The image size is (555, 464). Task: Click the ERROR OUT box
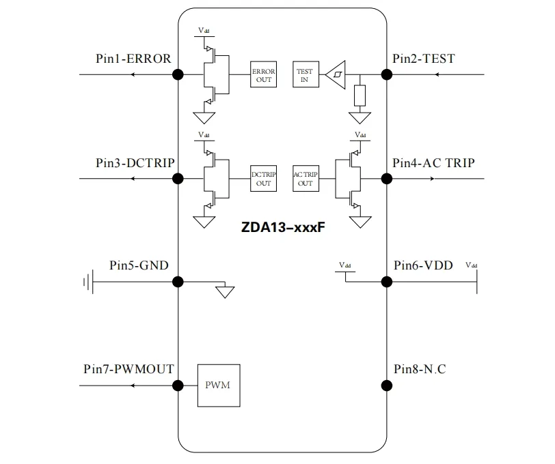pos(263,75)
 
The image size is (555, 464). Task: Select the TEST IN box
pos(305,75)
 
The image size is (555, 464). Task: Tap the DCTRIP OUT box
pos(263,179)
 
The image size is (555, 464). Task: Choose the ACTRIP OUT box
pos(305,179)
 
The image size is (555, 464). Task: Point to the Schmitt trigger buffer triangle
pos(336,74)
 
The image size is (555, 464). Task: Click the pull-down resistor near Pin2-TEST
pos(360,96)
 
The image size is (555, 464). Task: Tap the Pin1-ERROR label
pos(133,59)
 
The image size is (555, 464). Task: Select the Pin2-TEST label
pos(424,59)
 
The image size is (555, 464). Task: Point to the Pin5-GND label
pos(139,265)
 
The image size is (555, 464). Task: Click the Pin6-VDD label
pos(423,265)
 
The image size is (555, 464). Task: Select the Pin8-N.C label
pos(420,369)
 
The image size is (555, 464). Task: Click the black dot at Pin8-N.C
pos(386,386)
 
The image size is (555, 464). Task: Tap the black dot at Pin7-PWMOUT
pos(178,386)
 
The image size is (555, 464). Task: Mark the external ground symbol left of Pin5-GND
pos(87,281)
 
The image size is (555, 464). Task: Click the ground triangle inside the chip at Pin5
pos(224,292)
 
